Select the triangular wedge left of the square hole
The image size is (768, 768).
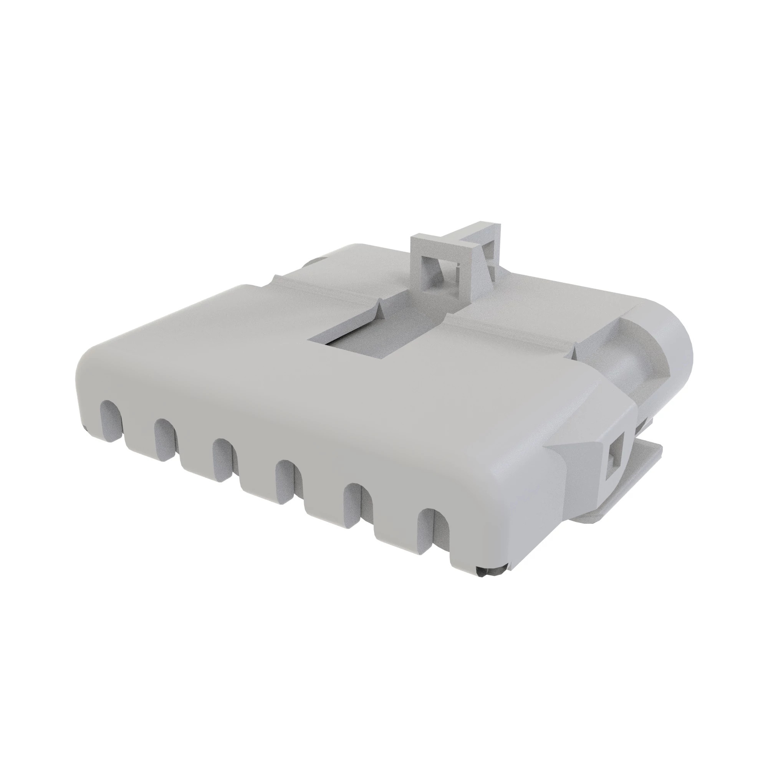[584, 453]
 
